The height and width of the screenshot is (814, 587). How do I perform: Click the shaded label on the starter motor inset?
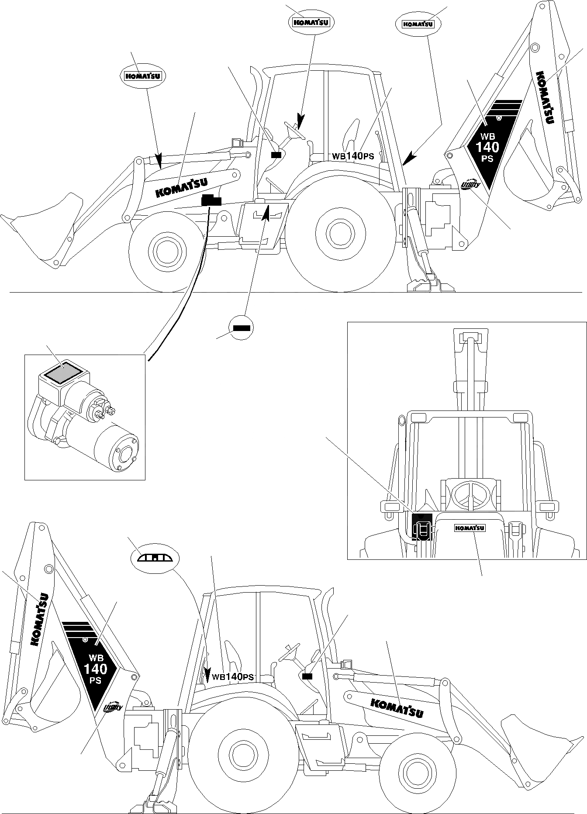tap(64, 373)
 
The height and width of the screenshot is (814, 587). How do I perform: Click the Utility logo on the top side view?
tap(471, 185)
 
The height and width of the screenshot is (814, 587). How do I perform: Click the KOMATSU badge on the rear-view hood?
tap(470, 528)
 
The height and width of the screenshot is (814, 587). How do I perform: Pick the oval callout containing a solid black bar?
tap(241, 327)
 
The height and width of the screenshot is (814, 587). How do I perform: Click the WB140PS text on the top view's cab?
tap(353, 156)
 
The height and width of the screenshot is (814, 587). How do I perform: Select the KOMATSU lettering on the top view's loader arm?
tap(181, 187)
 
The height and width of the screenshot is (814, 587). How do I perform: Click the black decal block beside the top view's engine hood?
tap(211, 200)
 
